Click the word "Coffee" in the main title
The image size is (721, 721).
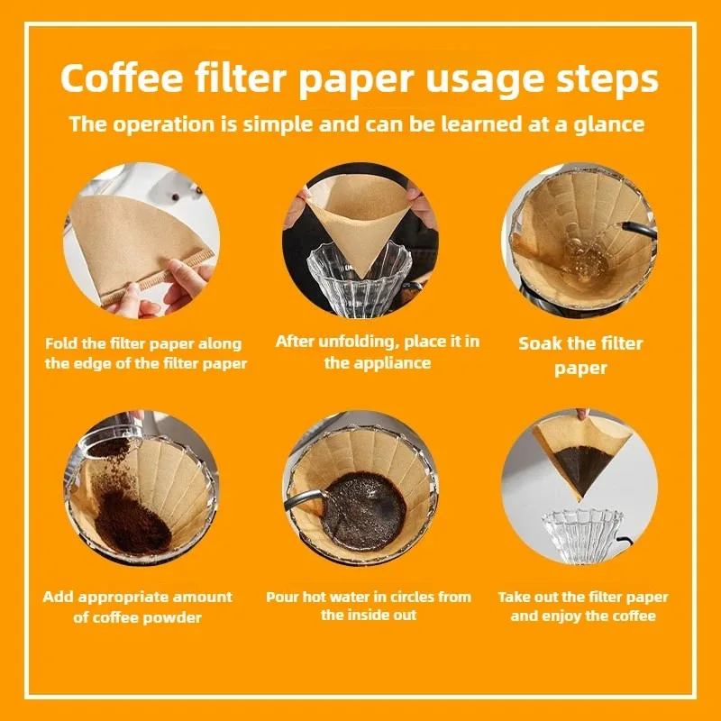pos(122,78)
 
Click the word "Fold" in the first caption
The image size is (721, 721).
pos(61,343)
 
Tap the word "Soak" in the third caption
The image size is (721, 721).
pos(540,343)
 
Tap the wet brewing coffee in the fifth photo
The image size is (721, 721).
pos(363,511)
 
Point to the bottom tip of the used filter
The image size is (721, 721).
pos(580,500)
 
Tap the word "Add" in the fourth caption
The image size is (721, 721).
pos(59,597)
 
